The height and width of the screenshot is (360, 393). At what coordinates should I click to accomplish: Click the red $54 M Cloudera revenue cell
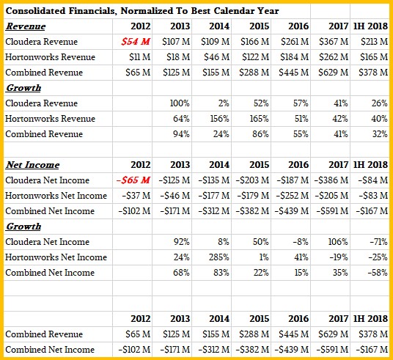coord(136,42)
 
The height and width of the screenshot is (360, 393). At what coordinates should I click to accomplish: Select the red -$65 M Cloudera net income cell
coord(133,180)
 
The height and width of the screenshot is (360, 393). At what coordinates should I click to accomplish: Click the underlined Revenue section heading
coord(26,26)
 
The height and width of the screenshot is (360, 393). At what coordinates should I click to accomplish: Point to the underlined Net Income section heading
coord(32,165)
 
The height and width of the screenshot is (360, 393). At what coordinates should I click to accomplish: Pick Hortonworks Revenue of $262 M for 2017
coord(334,57)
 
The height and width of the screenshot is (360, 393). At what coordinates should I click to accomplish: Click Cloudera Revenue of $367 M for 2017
coord(334,42)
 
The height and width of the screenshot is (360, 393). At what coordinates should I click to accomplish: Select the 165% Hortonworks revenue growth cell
coord(259,119)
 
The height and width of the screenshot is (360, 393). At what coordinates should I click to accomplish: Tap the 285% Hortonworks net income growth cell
coord(219,257)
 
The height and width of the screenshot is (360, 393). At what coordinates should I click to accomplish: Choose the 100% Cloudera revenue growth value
coord(180,103)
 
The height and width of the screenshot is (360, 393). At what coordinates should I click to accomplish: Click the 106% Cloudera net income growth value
coord(338,242)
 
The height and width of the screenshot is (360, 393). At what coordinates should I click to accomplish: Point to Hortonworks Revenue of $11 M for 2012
coord(140,57)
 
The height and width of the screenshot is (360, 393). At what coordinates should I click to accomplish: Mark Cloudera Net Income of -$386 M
coord(331,180)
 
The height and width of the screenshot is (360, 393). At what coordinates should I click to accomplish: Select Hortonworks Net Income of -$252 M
coord(293,196)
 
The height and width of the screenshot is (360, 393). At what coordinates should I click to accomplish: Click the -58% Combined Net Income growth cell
coord(378,273)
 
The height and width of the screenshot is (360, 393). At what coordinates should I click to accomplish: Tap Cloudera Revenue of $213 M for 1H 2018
coord(374,42)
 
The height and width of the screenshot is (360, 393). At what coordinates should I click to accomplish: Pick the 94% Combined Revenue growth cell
coord(181,134)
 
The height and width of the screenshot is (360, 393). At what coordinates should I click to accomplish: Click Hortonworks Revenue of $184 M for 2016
coord(294,57)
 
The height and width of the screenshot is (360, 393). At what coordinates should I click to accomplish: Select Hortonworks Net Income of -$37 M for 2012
coord(136,196)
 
